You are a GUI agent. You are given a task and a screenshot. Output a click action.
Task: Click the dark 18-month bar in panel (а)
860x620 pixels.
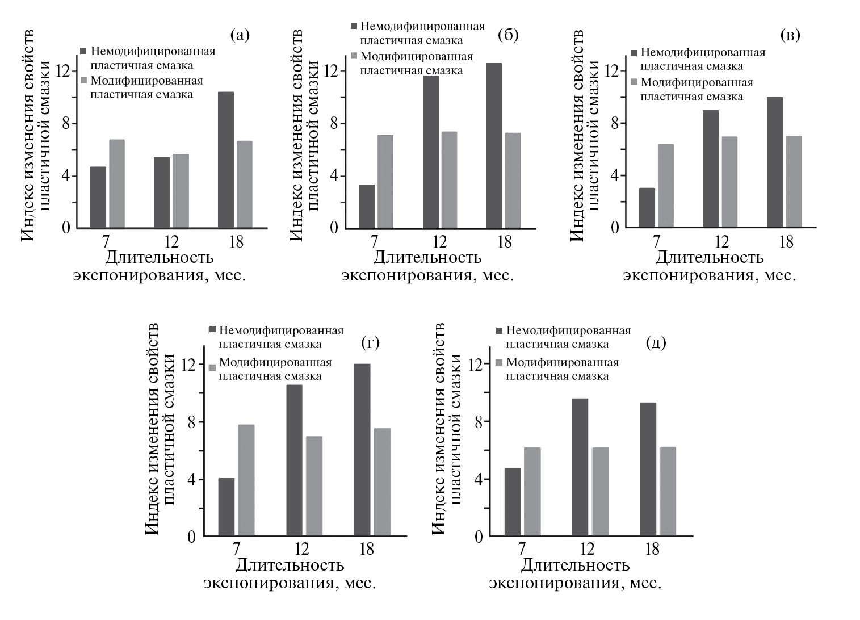[x=225, y=160]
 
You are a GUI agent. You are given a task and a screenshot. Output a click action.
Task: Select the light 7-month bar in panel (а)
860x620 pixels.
[x=117, y=183]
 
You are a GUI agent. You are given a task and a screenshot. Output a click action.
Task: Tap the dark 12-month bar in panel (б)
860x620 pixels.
[x=431, y=152]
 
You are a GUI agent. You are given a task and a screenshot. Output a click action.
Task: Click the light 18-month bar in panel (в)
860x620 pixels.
[x=794, y=182]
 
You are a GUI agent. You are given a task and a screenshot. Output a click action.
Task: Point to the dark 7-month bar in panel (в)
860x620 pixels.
[x=647, y=207]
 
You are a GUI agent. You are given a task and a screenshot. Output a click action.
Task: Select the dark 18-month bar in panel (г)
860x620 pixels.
[x=362, y=450]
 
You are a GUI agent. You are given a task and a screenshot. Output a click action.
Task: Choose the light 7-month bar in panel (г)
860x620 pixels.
[x=246, y=480]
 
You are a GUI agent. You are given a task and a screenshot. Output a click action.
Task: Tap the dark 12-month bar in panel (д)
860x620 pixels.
[x=580, y=467]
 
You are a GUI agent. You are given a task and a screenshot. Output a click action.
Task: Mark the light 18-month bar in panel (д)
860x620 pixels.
[x=668, y=491]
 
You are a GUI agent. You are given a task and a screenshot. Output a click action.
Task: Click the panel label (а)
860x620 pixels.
[x=240, y=35]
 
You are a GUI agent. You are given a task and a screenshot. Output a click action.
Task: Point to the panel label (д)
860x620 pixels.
[x=656, y=343]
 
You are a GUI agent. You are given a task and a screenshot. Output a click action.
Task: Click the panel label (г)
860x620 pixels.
[x=370, y=342]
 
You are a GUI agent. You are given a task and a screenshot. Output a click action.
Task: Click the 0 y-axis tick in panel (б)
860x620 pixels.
[x=334, y=227]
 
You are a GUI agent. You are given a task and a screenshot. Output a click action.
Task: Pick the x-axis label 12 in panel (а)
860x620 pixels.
[x=171, y=242]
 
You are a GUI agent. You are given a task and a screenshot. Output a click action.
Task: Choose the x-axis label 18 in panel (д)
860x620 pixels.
[x=652, y=549]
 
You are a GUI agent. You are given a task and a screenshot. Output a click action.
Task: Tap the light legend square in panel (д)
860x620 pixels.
[x=500, y=362]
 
